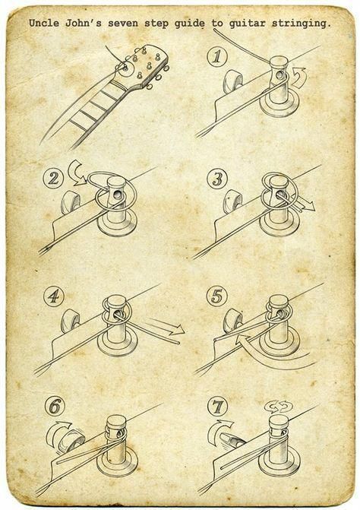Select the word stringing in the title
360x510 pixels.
tap(299, 24)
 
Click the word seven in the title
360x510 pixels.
tap(124, 24)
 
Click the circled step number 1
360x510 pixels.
tap(216, 56)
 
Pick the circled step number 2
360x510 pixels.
tap(52, 179)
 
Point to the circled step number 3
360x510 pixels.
tap(217, 179)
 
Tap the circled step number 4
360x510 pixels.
tap(54, 296)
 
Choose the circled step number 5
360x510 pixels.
tap(216, 296)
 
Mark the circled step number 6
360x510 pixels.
tap(55, 406)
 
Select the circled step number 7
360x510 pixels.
tap(217, 407)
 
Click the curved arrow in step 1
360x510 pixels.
tap(299, 78)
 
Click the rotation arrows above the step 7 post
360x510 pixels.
tap(278, 407)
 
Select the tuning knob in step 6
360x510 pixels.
tap(70, 441)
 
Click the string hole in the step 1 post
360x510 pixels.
tap(279, 75)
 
